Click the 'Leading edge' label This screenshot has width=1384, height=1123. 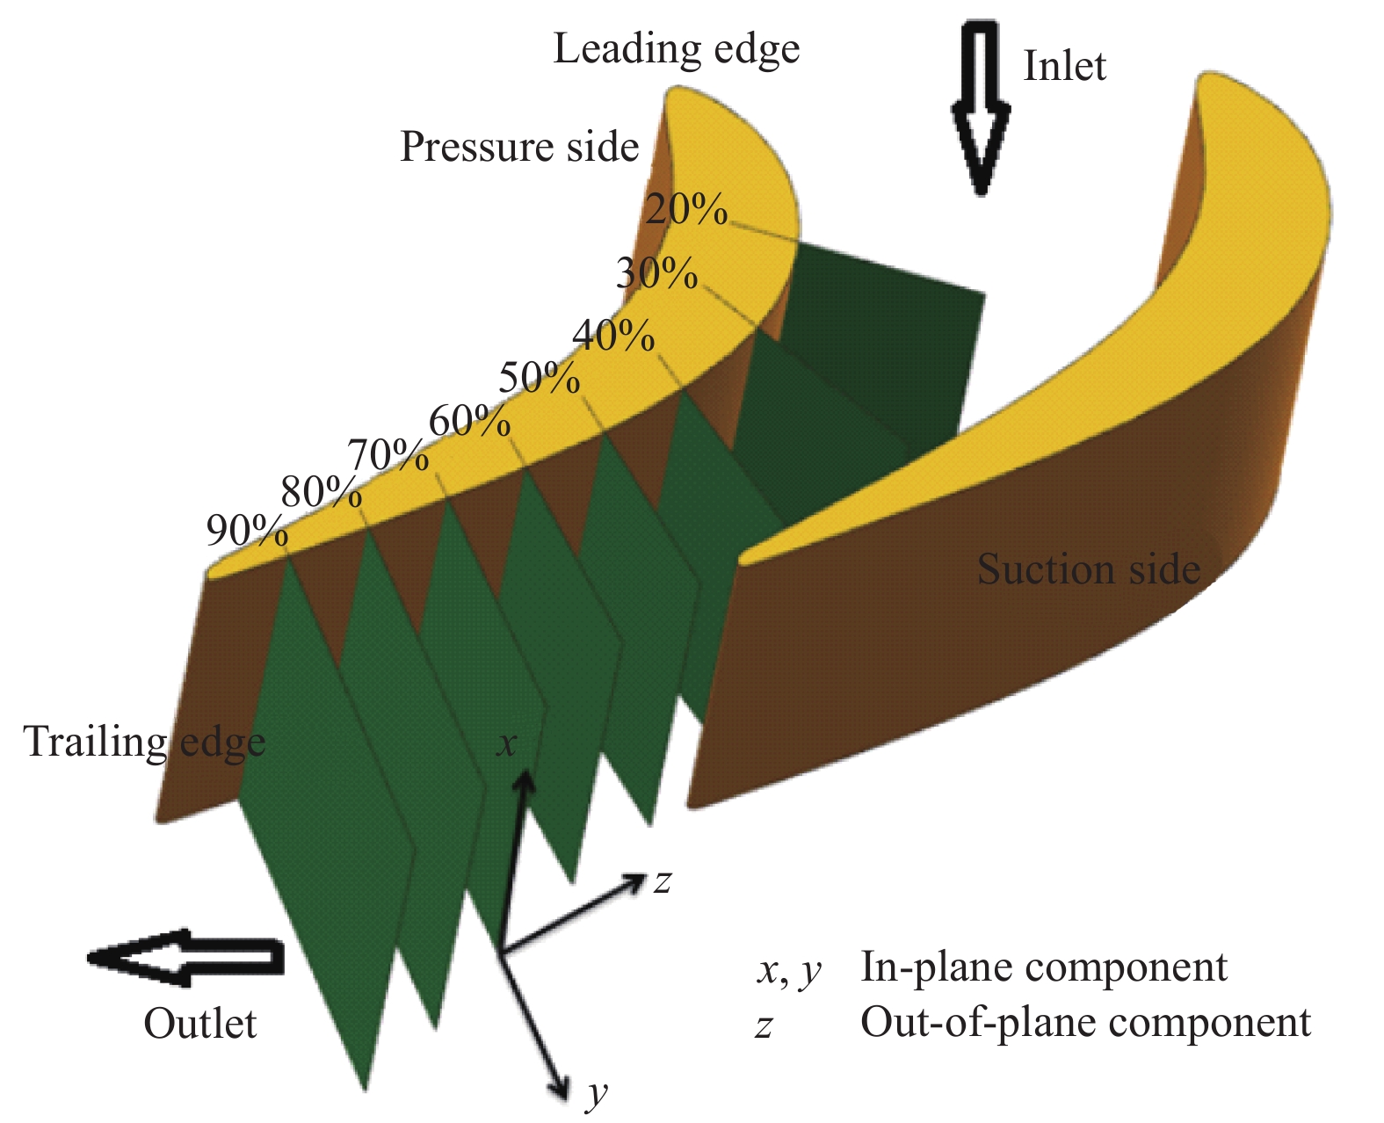[676, 49]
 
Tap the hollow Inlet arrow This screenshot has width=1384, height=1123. [981, 105]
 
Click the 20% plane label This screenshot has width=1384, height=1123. [686, 211]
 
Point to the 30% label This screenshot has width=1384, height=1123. [656, 274]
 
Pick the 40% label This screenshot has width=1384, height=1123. [612, 336]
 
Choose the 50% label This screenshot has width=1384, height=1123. [539, 379]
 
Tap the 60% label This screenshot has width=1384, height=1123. [469, 423]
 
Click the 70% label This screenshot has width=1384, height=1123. [388, 456]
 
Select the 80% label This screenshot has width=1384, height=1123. [321, 493]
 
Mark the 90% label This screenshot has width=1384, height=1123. [246, 531]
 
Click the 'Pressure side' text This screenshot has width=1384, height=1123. [519, 147]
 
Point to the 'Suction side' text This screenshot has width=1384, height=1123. [1088, 569]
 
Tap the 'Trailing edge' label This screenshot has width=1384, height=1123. [144, 742]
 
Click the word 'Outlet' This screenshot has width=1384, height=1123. [200, 1024]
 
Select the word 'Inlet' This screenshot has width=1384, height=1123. [1064, 67]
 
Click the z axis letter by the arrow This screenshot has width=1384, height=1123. [663, 881]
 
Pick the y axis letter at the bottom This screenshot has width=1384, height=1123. [598, 1094]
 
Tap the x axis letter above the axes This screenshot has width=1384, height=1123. [506, 745]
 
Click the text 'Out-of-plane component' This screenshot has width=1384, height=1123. [1085, 1023]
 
